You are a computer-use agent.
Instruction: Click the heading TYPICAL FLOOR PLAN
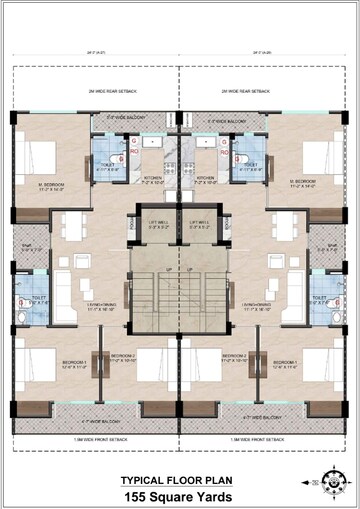point(179,480)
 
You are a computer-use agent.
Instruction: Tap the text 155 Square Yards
point(179,495)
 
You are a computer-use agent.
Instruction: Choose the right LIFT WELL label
point(199,224)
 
